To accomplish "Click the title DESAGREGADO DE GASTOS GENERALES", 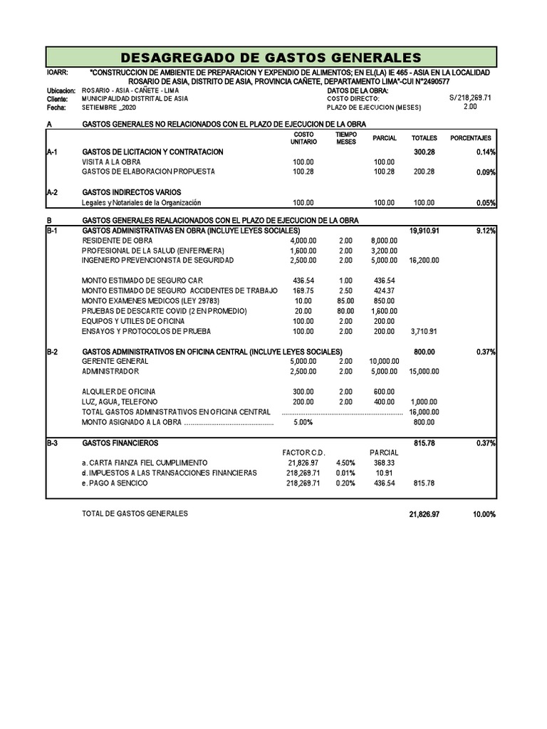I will pos(271,57).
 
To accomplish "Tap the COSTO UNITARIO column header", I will pos(303,138).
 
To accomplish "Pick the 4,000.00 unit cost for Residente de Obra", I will pos(303,241).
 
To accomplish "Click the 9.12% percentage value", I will pos(484,231).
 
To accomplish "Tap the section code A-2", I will pos(52,192).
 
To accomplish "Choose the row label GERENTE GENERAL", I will pos(115,362).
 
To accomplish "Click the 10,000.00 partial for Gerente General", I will pos(383,362).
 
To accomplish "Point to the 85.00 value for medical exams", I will pos(345,301).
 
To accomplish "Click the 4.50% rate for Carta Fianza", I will pos(345,463).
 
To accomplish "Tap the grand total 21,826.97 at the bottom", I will pos(424,514).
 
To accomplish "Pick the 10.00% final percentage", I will pos(484,514).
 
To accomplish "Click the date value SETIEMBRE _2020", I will pos(108,108).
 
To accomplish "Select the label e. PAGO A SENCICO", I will pos(115,483).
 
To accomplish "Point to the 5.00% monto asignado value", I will pos(303,422).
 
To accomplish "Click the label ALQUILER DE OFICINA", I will pos(118,392).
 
